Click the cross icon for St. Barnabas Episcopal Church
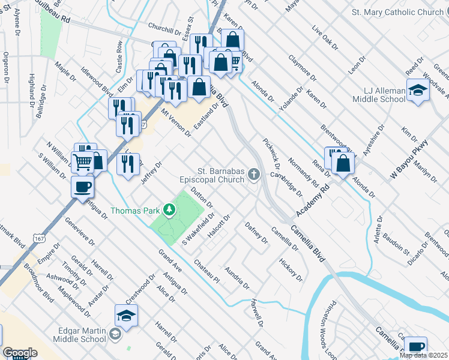[254, 175]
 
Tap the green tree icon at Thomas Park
[170, 210]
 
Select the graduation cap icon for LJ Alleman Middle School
[417, 91]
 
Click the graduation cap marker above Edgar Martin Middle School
[127, 315]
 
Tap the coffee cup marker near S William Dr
[82, 186]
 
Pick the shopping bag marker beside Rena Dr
[343, 163]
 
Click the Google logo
[20, 353]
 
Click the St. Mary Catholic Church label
[397, 12]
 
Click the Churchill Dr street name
[164, 31]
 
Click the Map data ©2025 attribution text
[423, 355]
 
